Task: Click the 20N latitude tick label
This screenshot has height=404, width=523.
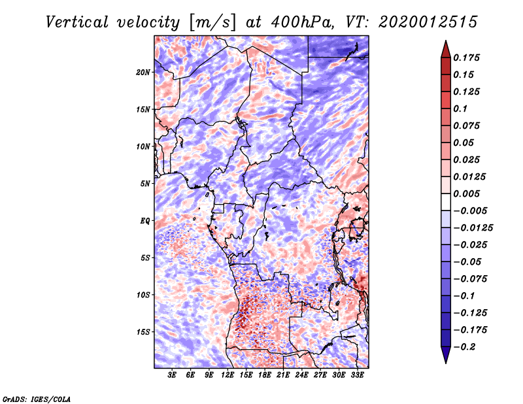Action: coord(143,72)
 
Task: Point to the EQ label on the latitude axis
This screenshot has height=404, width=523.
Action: coord(145,220)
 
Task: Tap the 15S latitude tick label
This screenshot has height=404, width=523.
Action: coord(143,331)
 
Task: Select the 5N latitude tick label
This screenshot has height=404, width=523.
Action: coord(145,183)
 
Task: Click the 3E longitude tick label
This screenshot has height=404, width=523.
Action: coord(172,375)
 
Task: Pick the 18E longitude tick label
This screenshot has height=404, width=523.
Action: coord(265,375)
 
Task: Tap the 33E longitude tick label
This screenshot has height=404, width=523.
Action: coord(358,375)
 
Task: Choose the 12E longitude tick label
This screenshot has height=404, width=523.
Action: coord(228,375)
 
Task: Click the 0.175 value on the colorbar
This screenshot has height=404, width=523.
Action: coord(467,58)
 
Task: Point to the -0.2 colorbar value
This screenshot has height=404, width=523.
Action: coord(465,346)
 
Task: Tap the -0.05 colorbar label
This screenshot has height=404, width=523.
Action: coord(467,261)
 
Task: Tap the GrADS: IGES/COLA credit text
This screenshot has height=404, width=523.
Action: coord(36,398)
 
